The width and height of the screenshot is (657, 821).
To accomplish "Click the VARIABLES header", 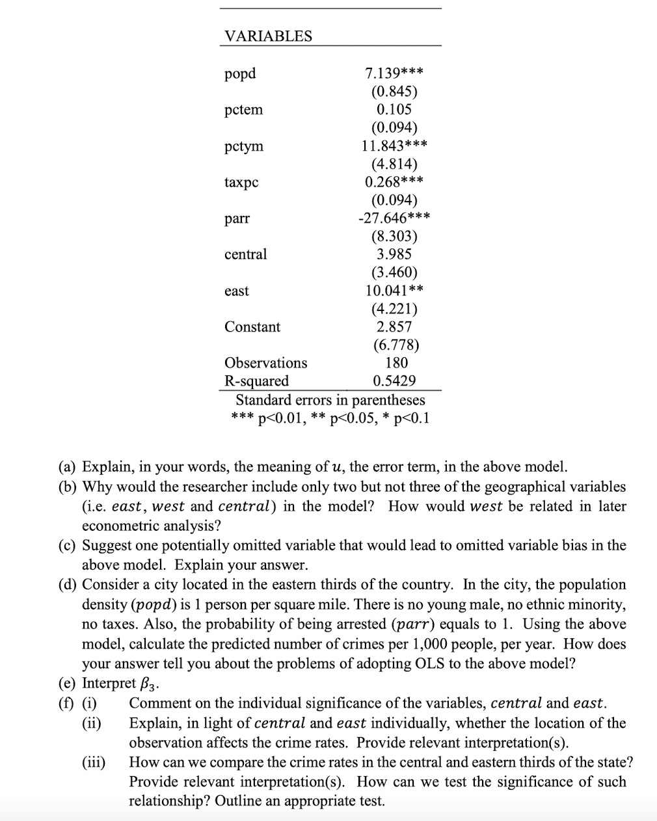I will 268,36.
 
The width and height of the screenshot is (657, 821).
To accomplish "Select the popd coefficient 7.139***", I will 394,73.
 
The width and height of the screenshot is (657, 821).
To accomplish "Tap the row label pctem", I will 244,109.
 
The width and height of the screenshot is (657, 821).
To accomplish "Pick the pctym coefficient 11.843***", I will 394,146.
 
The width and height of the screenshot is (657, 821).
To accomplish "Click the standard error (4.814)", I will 394,164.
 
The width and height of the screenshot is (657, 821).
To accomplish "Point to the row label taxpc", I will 241,182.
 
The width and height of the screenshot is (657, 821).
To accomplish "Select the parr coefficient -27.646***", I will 394,218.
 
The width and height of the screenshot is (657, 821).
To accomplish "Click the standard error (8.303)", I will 394,236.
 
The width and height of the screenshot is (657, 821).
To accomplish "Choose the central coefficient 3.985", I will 394,254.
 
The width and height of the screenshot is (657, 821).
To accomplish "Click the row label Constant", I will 252,327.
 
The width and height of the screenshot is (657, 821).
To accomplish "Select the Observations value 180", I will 396,363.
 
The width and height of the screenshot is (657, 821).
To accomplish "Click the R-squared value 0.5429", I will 394,381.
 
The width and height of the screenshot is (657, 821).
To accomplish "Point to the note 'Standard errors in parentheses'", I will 330,399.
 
